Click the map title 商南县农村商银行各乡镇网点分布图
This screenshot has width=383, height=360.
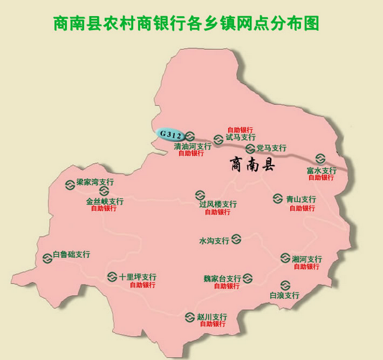pyautogui.click(x=186, y=23)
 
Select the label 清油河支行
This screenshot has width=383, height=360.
pyautogui.click(x=192, y=146)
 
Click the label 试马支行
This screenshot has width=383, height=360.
pyautogui.click(x=240, y=137)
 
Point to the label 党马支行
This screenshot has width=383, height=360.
pyautogui.click(x=271, y=148)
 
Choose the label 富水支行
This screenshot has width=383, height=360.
pyautogui.click(x=321, y=170)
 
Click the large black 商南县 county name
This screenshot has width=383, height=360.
pyautogui.click(x=252, y=165)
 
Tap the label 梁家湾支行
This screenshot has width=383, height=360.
pyautogui.click(x=95, y=182)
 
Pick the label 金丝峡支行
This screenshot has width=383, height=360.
pyautogui.click(x=105, y=202)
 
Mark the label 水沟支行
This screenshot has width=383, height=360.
pyautogui.click(x=214, y=241)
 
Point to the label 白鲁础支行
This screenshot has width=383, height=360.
pyautogui.click(x=71, y=254)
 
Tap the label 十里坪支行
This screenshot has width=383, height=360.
pyautogui.click(x=137, y=277)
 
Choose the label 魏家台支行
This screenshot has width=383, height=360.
pyautogui.click(x=222, y=278)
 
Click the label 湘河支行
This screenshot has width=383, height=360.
pyautogui.click(x=307, y=259)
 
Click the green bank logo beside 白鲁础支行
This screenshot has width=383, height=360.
pyautogui.click(x=47, y=259)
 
